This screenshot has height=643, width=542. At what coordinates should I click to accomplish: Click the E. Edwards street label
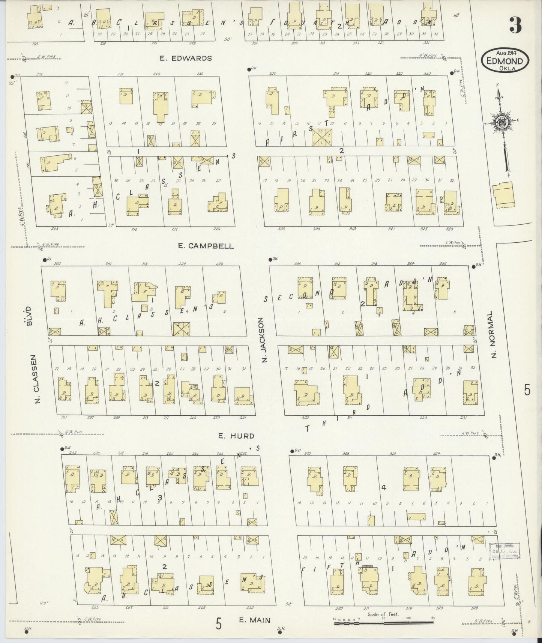point(186,58)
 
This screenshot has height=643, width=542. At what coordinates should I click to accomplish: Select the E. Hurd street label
point(236,436)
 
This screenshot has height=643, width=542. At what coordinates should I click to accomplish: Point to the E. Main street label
point(255,620)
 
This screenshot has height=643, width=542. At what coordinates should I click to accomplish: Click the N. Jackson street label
point(264,340)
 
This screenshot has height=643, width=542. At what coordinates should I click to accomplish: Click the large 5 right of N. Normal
point(527,391)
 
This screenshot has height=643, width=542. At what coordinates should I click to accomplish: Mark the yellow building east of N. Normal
point(504,195)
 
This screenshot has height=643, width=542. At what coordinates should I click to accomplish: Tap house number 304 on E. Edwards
point(272,74)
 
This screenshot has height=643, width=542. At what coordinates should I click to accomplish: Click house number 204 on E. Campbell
point(57,264)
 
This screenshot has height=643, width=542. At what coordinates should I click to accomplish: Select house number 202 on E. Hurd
point(73,453)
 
